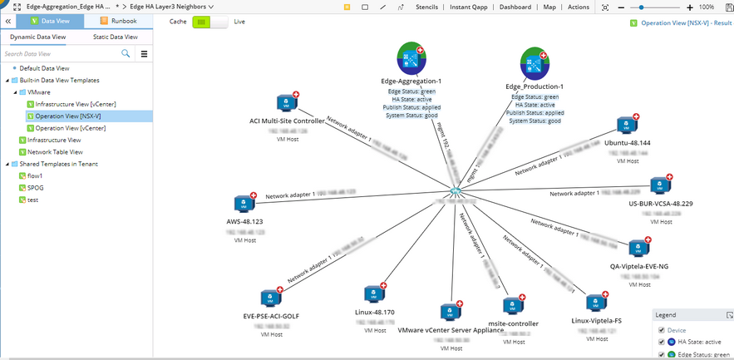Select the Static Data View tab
[116, 37]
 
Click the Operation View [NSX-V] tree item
[62, 116]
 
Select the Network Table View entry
[55, 152]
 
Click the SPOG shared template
[36, 188]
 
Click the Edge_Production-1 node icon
[534, 63]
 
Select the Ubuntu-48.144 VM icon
[625, 126]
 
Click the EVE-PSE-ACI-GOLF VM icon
[269, 298]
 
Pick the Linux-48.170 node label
[374, 312]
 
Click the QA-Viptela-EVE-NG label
[638, 266]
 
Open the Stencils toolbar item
[426, 7]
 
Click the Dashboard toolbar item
[515, 7]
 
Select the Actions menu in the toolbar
[578, 7]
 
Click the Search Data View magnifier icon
[126, 53]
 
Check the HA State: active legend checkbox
[662, 342]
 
